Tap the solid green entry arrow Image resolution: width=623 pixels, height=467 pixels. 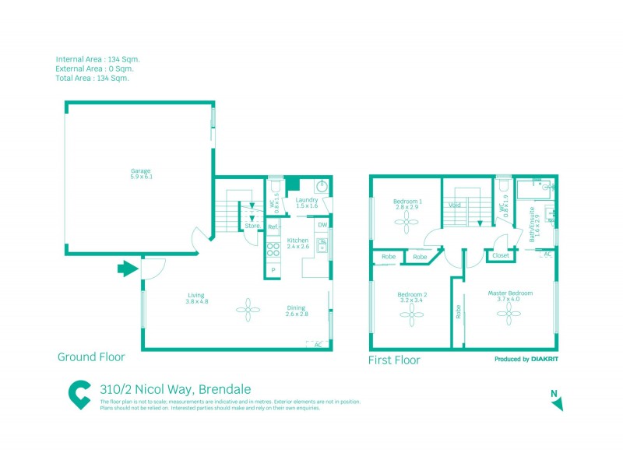pos(125,269)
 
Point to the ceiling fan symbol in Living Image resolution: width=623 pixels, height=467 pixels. pos(248,311)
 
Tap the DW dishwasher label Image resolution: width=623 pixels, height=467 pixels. pos(322,225)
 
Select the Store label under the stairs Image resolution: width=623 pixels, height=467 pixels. pos(252,226)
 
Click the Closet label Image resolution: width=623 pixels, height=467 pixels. pos(501,255)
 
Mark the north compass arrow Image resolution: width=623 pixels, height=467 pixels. pos(557,403)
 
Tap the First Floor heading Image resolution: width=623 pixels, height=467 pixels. pos(394,360)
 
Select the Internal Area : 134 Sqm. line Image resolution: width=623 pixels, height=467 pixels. pos(98,59)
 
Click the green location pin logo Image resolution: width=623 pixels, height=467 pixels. pos(79,395)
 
